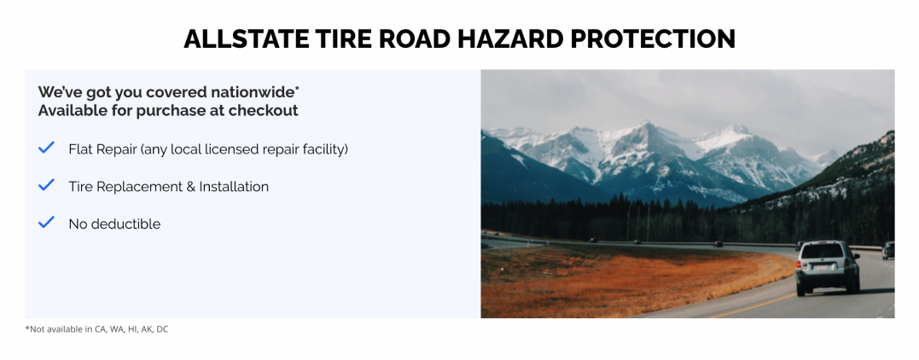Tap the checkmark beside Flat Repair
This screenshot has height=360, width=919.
click(x=47, y=148)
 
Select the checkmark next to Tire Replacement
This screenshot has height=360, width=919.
click(x=47, y=185)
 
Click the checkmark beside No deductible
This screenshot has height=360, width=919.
click(x=47, y=223)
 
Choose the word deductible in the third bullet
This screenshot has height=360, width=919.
click(x=126, y=224)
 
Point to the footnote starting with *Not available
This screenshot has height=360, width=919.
click(x=96, y=329)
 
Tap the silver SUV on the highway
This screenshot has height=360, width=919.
click(x=827, y=267)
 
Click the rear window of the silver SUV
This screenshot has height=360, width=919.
click(x=823, y=252)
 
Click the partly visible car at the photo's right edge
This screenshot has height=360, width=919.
click(x=889, y=250)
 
